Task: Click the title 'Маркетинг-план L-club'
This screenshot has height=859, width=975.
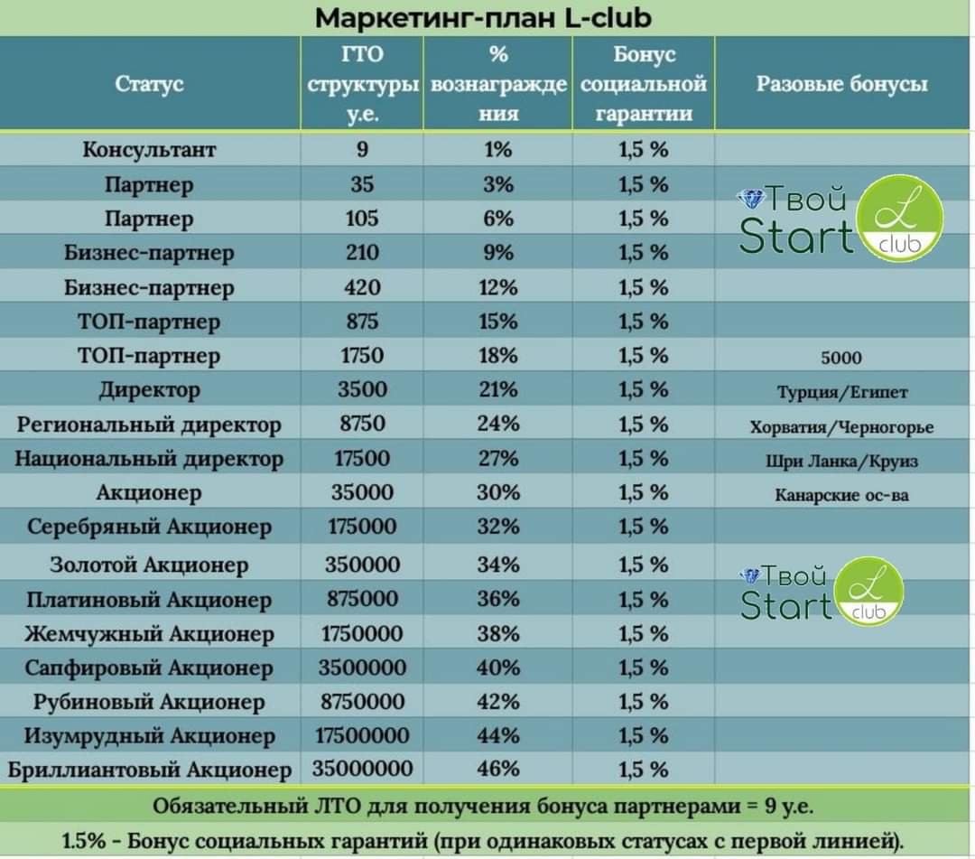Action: click(x=483, y=18)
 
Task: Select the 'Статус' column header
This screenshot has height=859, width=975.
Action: click(x=149, y=84)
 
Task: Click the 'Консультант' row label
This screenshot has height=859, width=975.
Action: click(x=149, y=150)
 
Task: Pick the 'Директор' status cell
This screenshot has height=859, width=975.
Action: click(x=149, y=390)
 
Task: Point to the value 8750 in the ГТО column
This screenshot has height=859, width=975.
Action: click(x=362, y=424)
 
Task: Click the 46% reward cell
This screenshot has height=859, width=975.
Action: click(x=498, y=769)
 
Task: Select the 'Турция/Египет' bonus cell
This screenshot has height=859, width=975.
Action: click(x=841, y=392)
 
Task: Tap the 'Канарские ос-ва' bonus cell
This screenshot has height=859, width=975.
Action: click(x=841, y=495)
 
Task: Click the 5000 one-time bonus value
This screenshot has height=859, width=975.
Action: click(x=841, y=358)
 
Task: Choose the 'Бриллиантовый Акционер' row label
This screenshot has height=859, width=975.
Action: click(x=149, y=770)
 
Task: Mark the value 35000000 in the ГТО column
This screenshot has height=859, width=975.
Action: click(x=362, y=769)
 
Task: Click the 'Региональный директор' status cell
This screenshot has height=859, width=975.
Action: click(x=149, y=425)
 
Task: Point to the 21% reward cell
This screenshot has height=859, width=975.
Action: click(x=498, y=389)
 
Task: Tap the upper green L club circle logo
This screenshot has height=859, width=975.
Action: click(x=899, y=218)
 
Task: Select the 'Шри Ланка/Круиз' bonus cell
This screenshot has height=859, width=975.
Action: click(x=841, y=461)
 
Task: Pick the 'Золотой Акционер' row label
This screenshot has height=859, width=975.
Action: click(x=149, y=565)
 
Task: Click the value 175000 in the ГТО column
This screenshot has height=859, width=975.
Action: click(x=362, y=527)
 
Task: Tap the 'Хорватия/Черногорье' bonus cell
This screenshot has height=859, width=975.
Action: click(x=841, y=426)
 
